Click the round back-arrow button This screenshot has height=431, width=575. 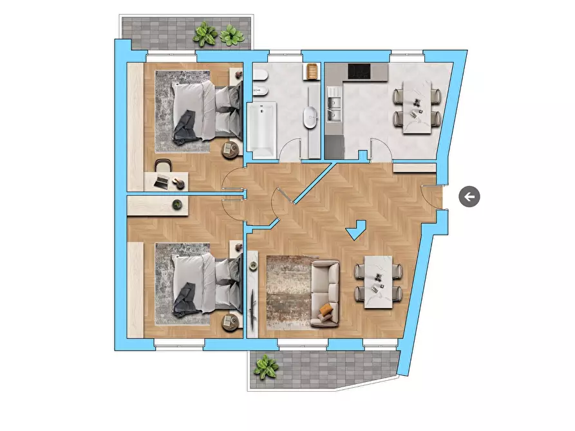point(469,197)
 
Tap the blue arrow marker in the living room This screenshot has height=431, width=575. point(355,230)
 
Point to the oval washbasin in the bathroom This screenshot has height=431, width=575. point(310,118)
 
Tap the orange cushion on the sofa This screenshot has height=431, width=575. point(326,310)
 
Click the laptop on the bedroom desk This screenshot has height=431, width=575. point(162,181)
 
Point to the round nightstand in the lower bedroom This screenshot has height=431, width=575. point(230,322)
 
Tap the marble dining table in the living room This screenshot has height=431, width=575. point(379,282)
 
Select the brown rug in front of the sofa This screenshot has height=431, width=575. point(288,291)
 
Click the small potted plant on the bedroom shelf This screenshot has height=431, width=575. point(176,205)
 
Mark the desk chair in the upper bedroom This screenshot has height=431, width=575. point(164,165)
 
